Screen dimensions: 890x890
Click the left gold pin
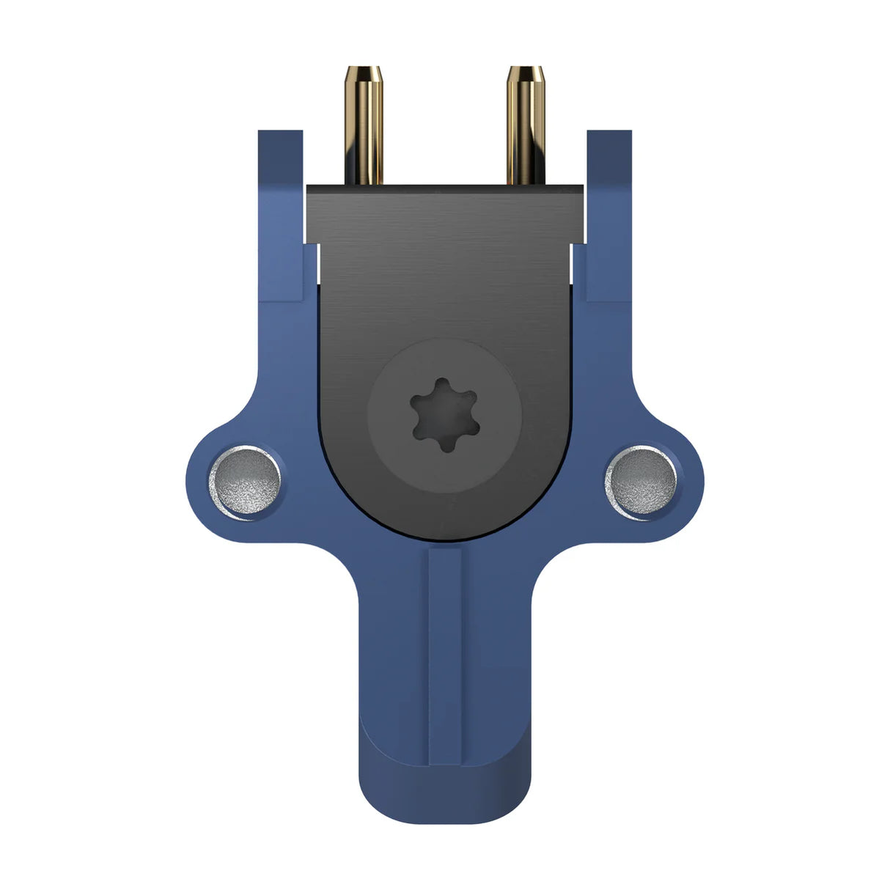[x=364, y=128]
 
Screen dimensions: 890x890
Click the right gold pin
[x=525, y=128]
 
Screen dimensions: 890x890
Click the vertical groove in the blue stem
[x=445, y=645]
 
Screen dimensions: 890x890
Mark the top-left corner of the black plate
[x=309, y=188]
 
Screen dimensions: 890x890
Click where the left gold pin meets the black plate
[x=364, y=183]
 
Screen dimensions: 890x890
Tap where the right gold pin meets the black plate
[x=525, y=183]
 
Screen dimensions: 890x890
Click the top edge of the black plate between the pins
[x=444, y=186]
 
